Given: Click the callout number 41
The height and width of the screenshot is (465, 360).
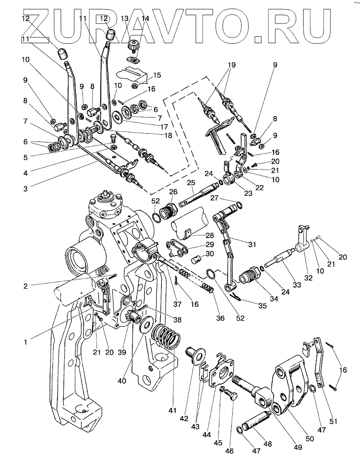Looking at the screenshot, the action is point(172,410).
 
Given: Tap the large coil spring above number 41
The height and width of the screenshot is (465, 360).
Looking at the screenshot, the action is point(166,336).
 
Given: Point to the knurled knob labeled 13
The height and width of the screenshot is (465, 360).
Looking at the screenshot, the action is point(132,46).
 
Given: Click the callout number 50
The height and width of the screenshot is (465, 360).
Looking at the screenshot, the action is point(309,438).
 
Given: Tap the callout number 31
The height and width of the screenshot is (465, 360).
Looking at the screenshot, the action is point(252,244).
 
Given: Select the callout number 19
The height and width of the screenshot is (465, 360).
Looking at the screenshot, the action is point(231,65).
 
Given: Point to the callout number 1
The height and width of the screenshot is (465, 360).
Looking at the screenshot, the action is point(26,342).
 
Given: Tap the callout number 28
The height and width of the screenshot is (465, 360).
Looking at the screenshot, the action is point(210,235).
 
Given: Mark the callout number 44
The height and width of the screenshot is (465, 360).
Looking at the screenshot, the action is point(207,435).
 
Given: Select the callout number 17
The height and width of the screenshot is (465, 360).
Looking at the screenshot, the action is point(164,127).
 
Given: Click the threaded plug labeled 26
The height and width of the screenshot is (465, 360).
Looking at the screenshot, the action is point(169,211).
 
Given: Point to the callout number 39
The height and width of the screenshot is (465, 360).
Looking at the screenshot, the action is point(122,352).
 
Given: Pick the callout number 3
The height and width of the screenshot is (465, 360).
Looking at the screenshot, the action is point(26,188).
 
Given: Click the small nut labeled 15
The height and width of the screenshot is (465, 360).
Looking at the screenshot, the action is point(134,86).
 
